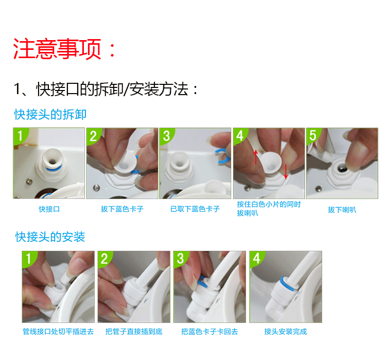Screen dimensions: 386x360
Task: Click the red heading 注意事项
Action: click(57, 49)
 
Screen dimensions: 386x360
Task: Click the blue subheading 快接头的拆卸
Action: click(50, 114)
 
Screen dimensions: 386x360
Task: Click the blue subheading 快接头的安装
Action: click(50, 237)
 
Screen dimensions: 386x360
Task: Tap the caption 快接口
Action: click(49, 209)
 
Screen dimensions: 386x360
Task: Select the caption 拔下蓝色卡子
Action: click(122, 209)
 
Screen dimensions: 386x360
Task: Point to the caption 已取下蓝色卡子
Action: click(195, 209)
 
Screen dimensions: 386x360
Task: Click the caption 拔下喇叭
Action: click(342, 210)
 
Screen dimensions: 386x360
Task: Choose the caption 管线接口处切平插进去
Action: click(58, 331)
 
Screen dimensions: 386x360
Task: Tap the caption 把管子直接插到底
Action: click(134, 331)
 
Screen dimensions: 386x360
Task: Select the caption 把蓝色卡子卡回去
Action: click(209, 331)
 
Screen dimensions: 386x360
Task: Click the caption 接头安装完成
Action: click(286, 331)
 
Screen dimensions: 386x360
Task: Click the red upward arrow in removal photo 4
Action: click(256, 157)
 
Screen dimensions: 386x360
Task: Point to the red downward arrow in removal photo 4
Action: click(286, 172)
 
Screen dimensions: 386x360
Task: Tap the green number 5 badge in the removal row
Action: click(313, 135)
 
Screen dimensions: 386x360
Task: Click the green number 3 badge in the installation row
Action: click(180, 258)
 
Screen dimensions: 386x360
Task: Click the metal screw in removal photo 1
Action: click(29, 182)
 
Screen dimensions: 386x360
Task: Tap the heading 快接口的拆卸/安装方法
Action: click(106, 89)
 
